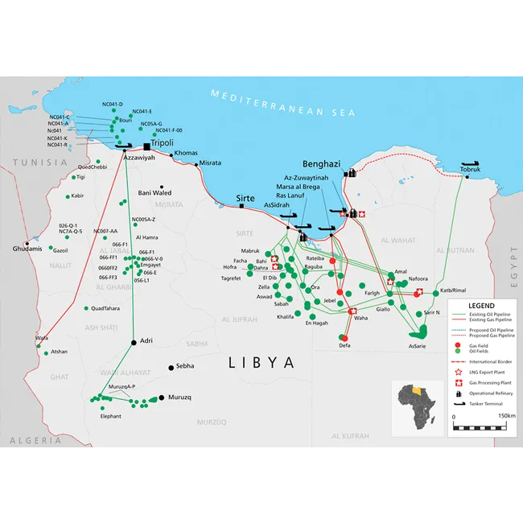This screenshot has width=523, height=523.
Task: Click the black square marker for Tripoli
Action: (x=146, y=146)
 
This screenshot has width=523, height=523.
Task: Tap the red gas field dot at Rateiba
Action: (x=332, y=261)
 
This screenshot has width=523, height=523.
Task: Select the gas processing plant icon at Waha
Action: (x=352, y=311)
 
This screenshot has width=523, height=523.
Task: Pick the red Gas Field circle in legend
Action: (x=459, y=344)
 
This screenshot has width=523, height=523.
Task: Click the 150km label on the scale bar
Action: (x=507, y=416)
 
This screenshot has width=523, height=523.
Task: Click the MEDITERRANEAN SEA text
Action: (x=282, y=103)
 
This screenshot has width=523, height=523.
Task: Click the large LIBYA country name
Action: (x=262, y=362)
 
